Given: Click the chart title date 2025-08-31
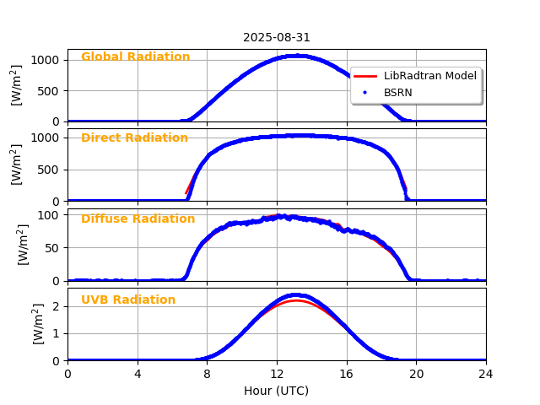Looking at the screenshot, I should [277, 38].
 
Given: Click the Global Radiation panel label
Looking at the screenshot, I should [135, 57].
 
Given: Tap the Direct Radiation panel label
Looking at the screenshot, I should [134, 138].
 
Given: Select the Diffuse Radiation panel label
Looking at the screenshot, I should [138, 219].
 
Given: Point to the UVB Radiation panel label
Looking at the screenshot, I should [128, 300].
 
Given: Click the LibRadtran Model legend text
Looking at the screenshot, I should [430, 76].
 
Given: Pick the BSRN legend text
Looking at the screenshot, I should [398, 93].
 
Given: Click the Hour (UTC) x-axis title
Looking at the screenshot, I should [277, 391].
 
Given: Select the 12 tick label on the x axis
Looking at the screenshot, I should [277, 375].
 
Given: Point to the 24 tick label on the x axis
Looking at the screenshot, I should [486, 375].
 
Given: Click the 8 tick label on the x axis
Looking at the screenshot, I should [207, 375].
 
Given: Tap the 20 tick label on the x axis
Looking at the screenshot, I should [416, 375].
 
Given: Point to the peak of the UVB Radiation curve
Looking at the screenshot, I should [298, 295].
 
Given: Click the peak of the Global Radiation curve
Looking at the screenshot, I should [297, 56].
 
